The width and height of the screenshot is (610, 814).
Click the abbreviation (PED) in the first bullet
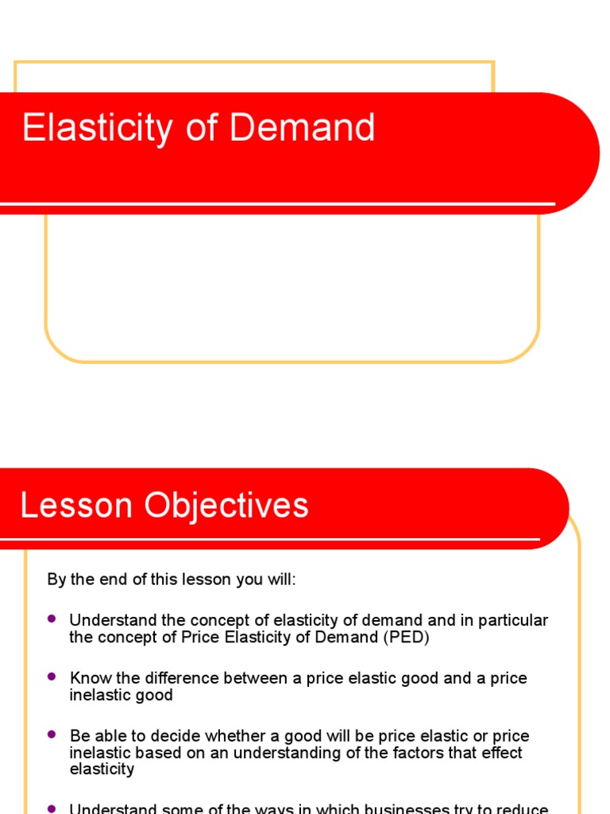[404, 637]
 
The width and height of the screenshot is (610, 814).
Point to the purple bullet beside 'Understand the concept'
[52, 618]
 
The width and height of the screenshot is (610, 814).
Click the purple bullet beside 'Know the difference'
[52, 676]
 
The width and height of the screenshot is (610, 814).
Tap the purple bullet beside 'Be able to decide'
[52, 735]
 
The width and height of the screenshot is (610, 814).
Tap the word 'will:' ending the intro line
[280, 579]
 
